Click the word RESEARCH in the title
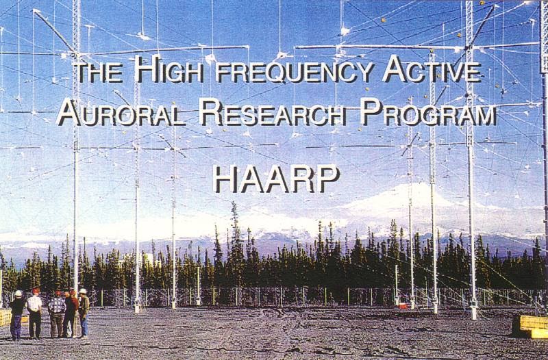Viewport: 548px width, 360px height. pyautogui.click(x=274, y=114)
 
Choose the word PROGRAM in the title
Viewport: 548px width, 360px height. pyautogui.click(x=428, y=114)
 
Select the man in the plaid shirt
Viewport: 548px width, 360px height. pyautogui.click(x=55, y=311)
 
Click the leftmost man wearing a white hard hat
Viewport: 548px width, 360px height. pyautogui.click(x=16, y=313)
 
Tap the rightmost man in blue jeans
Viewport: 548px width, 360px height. pyautogui.click(x=84, y=313)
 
